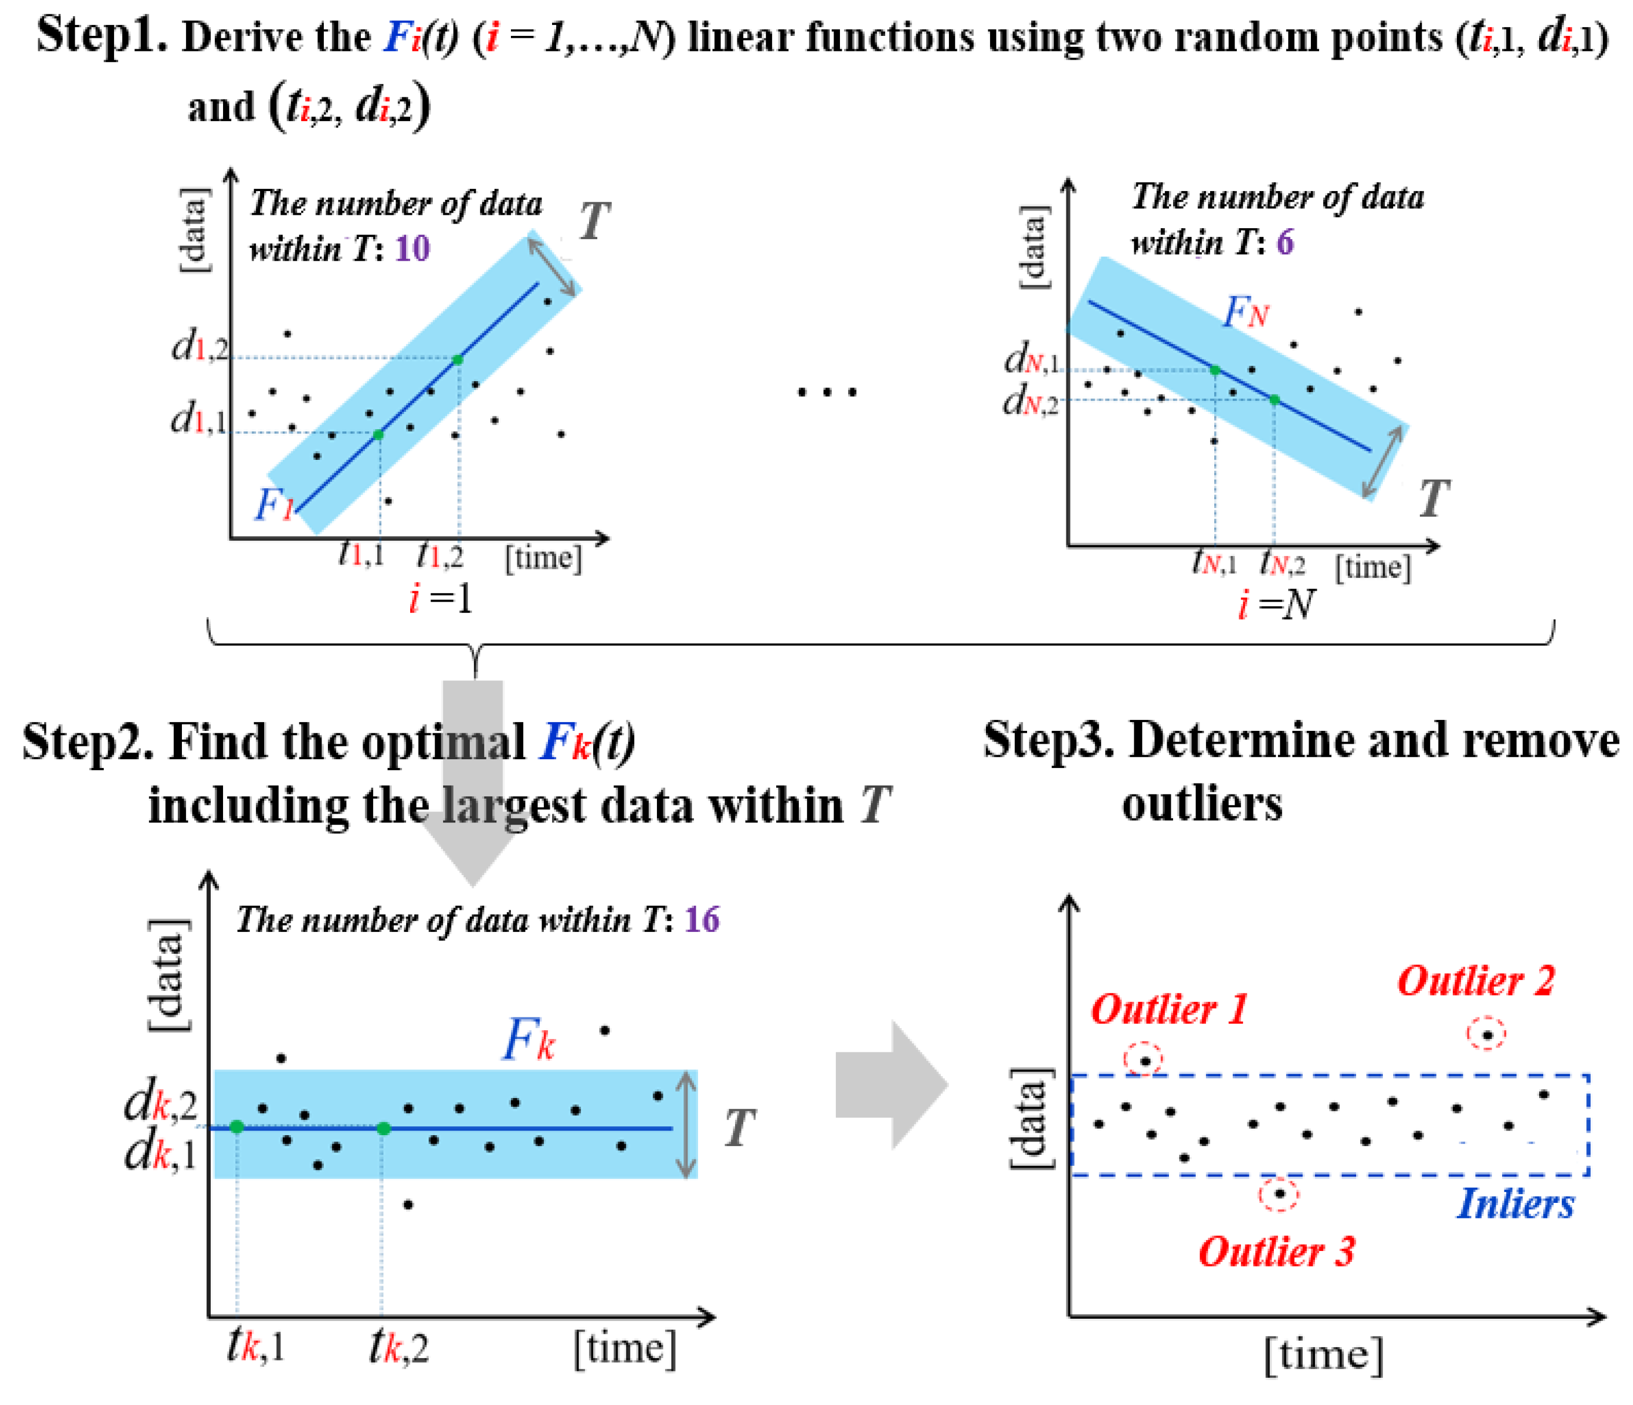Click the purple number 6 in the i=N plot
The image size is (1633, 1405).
click(x=1285, y=242)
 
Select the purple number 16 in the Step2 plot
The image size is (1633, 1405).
click(x=702, y=920)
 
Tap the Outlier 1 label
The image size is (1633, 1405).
click(x=1170, y=1009)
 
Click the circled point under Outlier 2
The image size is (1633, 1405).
click(x=1486, y=1034)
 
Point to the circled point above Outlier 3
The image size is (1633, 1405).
click(x=1278, y=1194)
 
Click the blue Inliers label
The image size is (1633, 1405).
click(x=1515, y=1204)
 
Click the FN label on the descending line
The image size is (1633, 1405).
click(x=1245, y=314)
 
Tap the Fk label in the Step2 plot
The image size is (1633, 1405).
click(x=528, y=1040)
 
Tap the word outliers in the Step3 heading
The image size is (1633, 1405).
click(x=1202, y=804)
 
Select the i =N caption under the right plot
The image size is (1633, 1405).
click(x=1275, y=605)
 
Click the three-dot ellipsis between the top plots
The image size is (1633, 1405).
click(x=826, y=392)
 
